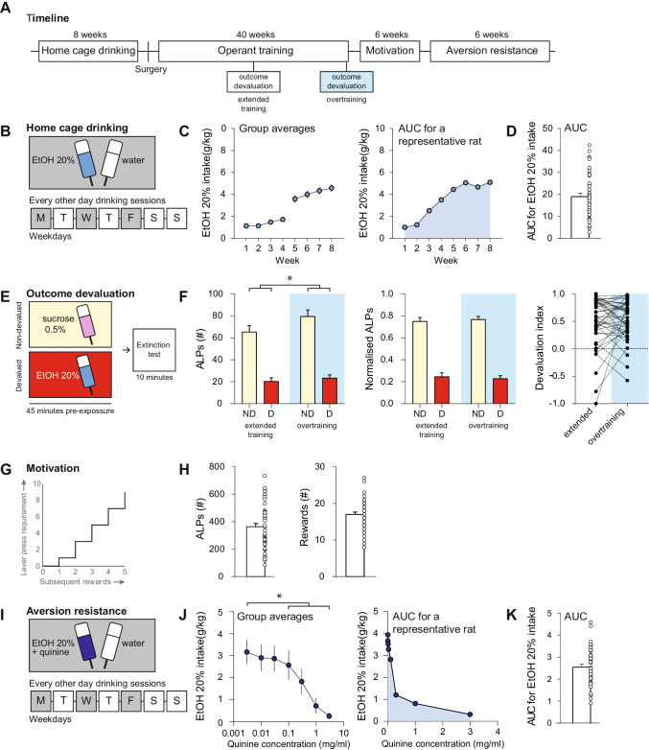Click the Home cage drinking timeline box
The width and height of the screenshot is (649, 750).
click(90, 53)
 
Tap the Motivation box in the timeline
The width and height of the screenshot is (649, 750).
click(390, 53)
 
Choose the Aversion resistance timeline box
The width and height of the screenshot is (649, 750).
click(487, 53)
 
